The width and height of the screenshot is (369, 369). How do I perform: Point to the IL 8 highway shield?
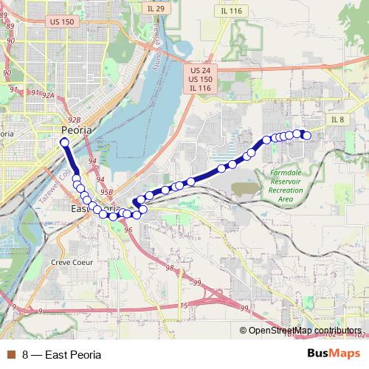coord(337,119)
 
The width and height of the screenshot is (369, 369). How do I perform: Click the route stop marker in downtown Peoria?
coord(64,142)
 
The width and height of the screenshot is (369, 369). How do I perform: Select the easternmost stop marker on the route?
coord(306,135)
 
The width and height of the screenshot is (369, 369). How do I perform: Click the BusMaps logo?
coord(336,354)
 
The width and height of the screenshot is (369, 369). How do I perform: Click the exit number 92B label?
coord(73,118)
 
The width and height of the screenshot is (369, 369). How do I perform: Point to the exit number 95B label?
coord(106,191)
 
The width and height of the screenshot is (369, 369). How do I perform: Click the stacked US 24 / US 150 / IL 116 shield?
coord(200,78)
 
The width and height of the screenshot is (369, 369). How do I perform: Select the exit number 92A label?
coord(48,95)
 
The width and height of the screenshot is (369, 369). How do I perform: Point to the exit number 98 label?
coord(170,267)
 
